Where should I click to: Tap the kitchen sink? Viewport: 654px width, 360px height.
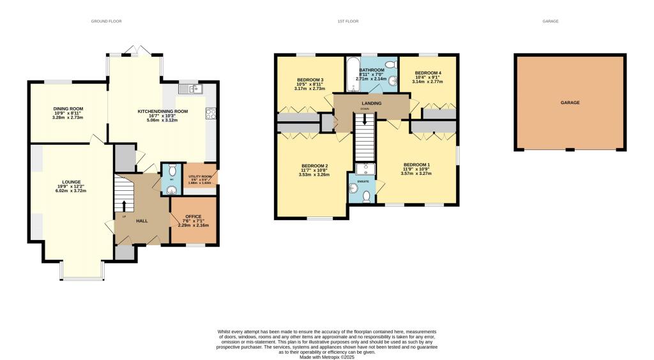[x=193, y=89]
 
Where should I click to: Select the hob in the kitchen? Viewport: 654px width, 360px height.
[x=209, y=114]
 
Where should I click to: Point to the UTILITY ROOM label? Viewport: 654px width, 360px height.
[x=200, y=176]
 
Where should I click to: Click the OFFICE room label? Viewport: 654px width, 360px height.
[x=193, y=216]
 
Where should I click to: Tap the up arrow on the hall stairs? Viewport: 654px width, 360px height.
[x=124, y=205]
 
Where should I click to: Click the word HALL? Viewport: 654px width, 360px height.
[x=142, y=221]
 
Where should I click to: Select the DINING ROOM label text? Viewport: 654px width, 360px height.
[x=68, y=109]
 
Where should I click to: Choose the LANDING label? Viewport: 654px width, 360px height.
[x=372, y=103]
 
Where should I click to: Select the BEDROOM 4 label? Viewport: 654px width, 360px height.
[x=427, y=73]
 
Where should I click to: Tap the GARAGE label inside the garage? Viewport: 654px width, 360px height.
[x=570, y=102]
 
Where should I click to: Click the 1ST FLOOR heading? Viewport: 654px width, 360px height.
[x=348, y=21]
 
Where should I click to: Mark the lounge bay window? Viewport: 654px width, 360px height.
[x=82, y=277]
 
